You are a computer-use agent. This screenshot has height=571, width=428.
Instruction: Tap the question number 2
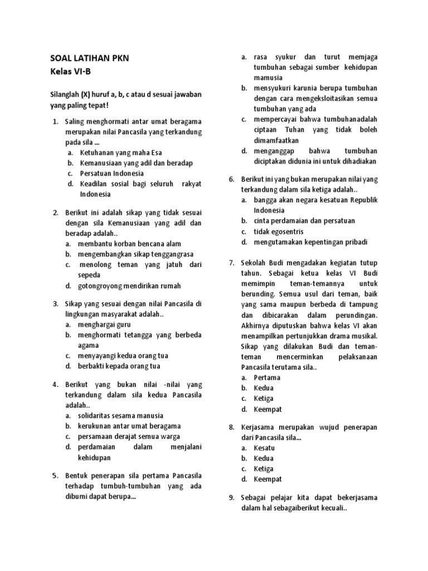coord(56,212)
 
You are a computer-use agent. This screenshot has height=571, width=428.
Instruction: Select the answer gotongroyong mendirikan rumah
coord(130,286)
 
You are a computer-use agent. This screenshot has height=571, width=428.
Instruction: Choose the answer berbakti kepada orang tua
coord(120,366)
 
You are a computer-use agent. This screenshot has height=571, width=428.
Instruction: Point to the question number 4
coord(56,385)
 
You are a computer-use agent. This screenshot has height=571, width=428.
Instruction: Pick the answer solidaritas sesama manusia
coord(121,416)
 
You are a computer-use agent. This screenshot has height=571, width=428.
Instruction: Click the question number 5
coord(56,476)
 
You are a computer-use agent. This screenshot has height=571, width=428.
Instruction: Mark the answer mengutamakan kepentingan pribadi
coord(311,242)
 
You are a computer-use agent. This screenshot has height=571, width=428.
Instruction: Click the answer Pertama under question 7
coord(267,378)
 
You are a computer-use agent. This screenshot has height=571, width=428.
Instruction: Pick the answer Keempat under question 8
coord(267,479)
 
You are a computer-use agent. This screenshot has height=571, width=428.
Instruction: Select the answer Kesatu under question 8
coord(265,448)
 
